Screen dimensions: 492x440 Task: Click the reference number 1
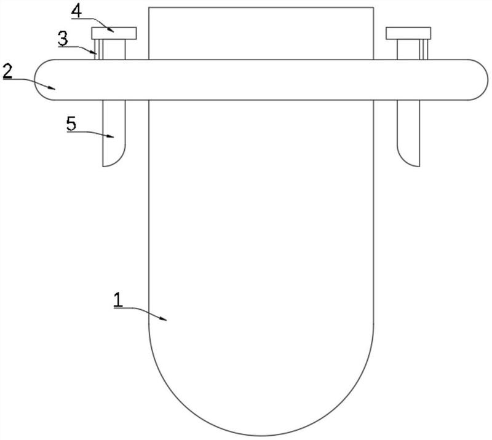118,299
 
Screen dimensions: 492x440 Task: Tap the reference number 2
7,71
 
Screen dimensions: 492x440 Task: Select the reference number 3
63,39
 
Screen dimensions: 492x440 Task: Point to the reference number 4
76,12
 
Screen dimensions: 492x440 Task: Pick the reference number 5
71,124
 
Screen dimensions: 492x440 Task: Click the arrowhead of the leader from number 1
163,319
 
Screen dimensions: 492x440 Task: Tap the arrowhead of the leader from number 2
52,88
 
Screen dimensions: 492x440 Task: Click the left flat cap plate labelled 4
114,33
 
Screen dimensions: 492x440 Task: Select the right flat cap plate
408,33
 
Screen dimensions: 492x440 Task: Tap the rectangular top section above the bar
261,33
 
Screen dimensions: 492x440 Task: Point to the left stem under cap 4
114,50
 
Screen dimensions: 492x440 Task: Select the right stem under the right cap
408,50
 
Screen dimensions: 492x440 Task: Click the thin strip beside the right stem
424,50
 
